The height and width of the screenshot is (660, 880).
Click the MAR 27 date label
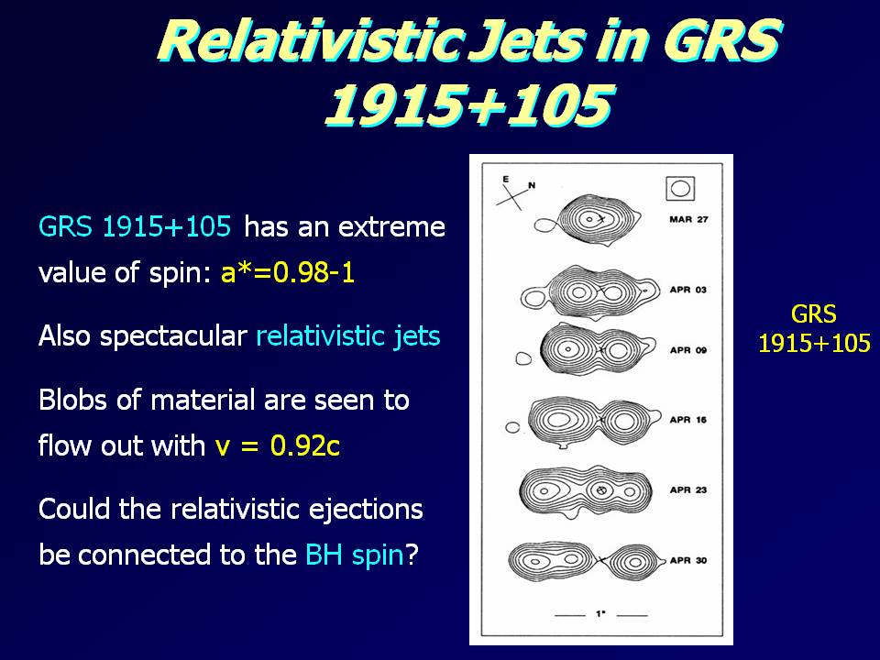(x=688, y=219)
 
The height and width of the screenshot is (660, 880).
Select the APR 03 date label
(x=688, y=290)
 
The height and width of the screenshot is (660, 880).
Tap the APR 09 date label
(x=688, y=350)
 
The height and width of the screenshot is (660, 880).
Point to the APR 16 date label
(x=688, y=420)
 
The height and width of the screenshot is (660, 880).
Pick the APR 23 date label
(x=688, y=489)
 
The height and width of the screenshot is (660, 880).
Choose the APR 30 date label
(x=688, y=560)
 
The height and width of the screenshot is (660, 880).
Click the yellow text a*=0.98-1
(x=287, y=273)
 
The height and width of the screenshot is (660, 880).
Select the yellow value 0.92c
(x=304, y=445)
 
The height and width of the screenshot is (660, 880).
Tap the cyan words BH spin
(x=355, y=555)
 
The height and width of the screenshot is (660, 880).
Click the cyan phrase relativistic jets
(x=348, y=336)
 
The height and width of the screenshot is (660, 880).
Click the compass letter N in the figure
(x=532, y=185)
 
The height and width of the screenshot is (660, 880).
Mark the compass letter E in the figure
(x=506, y=179)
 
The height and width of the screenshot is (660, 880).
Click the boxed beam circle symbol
(x=680, y=189)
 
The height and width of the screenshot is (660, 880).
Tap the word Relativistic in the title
(x=311, y=40)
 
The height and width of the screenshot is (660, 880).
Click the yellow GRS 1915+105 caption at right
(x=814, y=328)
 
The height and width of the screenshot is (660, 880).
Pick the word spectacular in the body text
(x=173, y=336)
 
